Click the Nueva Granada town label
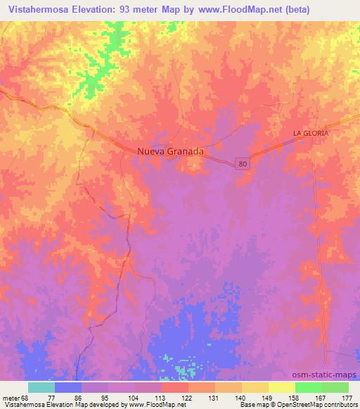pos(171,151)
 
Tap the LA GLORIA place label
pos(311,133)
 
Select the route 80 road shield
pos(241,162)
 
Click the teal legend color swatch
pos(41,387)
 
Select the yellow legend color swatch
pos(282,387)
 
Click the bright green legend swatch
pos(309,387)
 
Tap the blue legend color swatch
pos(68,387)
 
